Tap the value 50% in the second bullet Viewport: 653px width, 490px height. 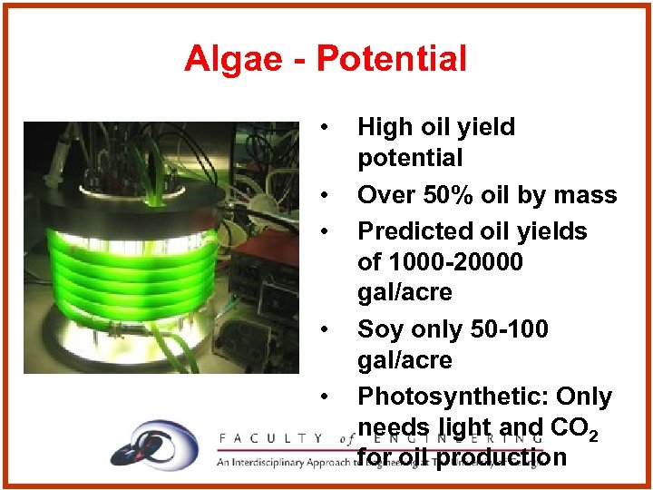click(x=438, y=195)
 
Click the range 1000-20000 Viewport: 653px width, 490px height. click(x=454, y=262)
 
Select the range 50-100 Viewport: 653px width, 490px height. click(x=506, y=328)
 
